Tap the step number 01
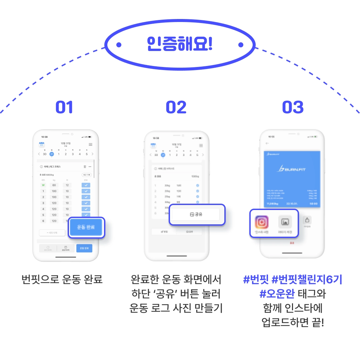(64, 107)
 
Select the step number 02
(176, 107)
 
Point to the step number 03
(293, 107)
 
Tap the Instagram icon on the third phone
(262, 222)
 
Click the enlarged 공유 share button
(196, 214)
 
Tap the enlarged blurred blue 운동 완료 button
(86, 228)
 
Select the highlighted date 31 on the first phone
(52, 154)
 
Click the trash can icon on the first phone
(85, 166)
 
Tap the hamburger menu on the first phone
(91, 144)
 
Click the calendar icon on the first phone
(42, 144)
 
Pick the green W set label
(43, 185)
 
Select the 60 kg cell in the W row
(54, 185)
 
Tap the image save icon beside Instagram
(285, 222)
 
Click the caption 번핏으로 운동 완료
(62, 279)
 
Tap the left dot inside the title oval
(119, 45)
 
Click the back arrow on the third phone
(267, 143)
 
